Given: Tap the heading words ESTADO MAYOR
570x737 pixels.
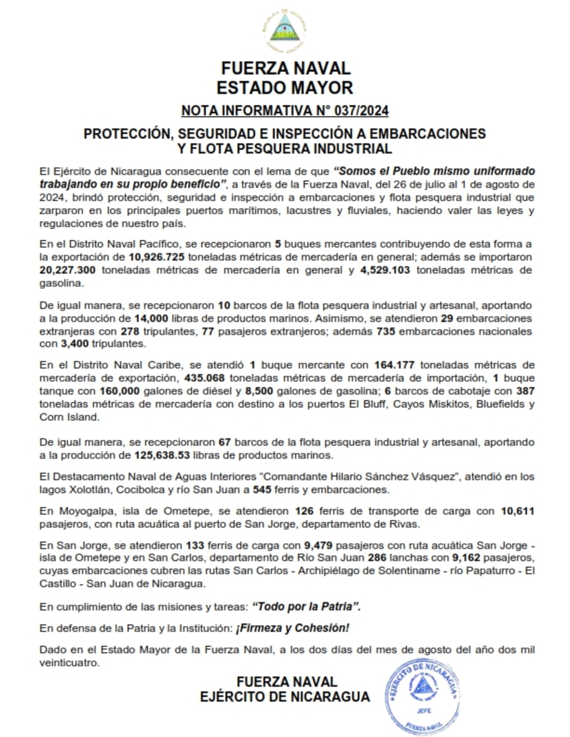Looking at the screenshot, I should (x=285, y=88).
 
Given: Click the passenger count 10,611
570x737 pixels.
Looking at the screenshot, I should (x=515, y=511).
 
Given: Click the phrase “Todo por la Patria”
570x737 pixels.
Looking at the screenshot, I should (x=306, y=607).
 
